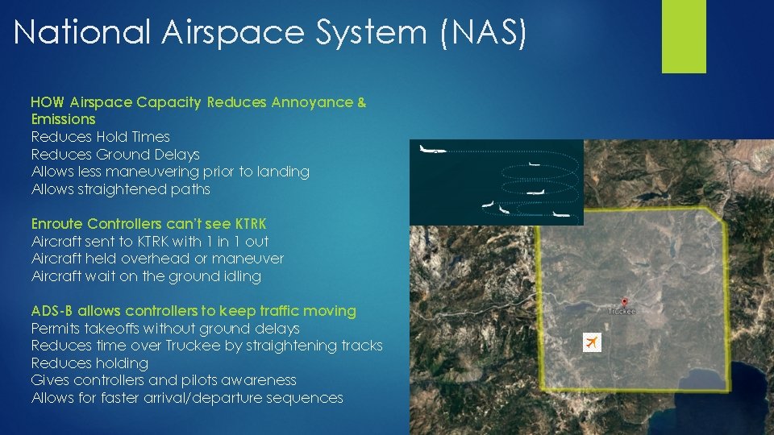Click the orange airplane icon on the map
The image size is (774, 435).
(593, 342)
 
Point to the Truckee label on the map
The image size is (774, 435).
(621, 311)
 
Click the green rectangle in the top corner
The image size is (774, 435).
(684, 35)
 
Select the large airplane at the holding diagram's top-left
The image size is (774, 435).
(433, 151)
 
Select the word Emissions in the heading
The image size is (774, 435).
(63, 119)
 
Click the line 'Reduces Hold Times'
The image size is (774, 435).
(100, 137)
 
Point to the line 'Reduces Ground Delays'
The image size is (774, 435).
(114, 154)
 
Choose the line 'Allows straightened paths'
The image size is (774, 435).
(120, 189)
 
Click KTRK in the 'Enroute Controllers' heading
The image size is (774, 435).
(248, 223)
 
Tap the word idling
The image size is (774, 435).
(242, 276)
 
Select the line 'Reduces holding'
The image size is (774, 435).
(89, 363)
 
